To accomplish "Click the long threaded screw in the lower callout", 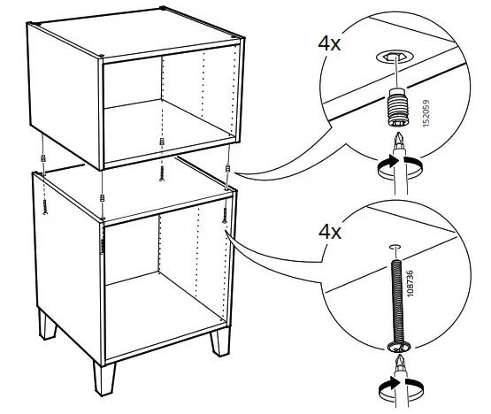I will click(x=395, y=292).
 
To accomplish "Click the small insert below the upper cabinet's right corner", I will click(x=228, y=169).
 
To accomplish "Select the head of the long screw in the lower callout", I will click(x=395, y=343).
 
